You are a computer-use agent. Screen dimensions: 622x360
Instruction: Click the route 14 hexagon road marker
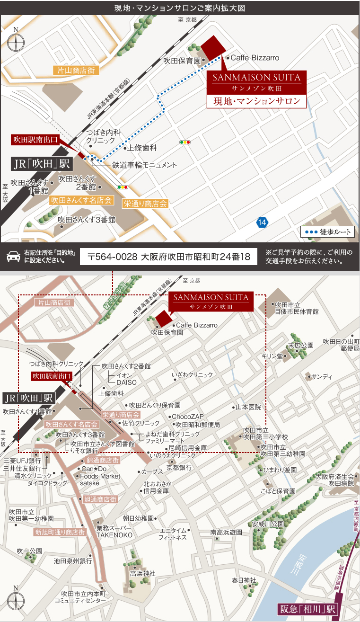[263, 222]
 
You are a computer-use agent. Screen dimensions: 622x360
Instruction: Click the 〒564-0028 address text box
[168, 257]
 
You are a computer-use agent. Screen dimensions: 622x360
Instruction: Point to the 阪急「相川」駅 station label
[307, 609]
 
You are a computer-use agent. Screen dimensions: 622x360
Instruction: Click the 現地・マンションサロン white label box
[257, 101]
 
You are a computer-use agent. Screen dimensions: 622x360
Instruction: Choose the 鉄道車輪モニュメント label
[144, 165]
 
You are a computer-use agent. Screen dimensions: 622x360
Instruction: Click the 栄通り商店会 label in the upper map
[145, 204]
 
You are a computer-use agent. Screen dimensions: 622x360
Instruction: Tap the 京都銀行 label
[179, 467]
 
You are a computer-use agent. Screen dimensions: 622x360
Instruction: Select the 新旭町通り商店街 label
[60, 532]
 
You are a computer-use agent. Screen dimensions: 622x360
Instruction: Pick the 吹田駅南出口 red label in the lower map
[52, 376]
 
